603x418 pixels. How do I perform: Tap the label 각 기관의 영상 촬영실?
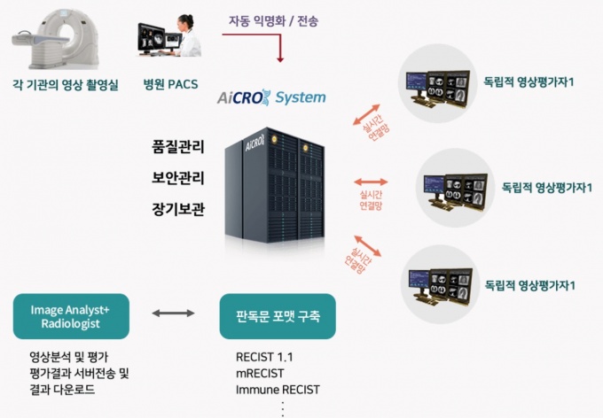(66, 86)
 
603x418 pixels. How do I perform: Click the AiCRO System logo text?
(271, 97)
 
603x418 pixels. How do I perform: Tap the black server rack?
(278, 178)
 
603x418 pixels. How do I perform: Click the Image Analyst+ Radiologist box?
(71, 316)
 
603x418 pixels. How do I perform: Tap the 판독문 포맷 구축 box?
(278, 316)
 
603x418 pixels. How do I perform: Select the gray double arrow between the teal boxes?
(174, 313)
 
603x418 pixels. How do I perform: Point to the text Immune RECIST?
(278, 390)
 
